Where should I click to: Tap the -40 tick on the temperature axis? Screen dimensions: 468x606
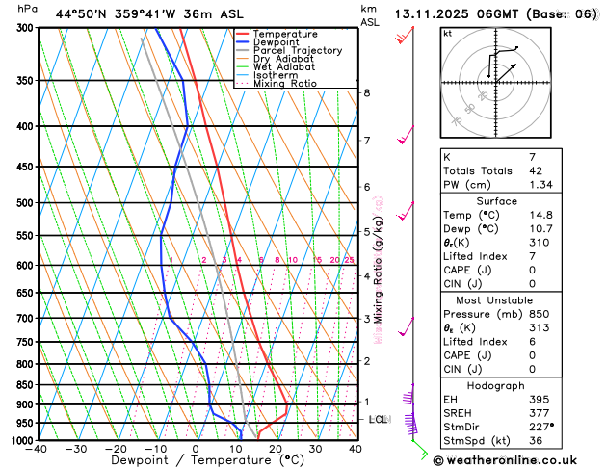pyautogui.click(x=38, y=450)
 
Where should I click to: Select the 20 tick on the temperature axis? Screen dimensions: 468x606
pyautogui.click(x=276, y=450)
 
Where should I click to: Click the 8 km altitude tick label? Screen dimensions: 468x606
pyautogui.click(x=367, y=92)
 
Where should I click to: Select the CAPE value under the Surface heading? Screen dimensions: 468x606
pyautogui.click(x=533, y=270)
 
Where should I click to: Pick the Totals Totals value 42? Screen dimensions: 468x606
pyautogui.click(x=536, y=170)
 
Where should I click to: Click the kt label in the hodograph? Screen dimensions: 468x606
pyautogui.click(x=447, y=33)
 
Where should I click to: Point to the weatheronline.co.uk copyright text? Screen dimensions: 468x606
pyautogui.click(x=517, y=459)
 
